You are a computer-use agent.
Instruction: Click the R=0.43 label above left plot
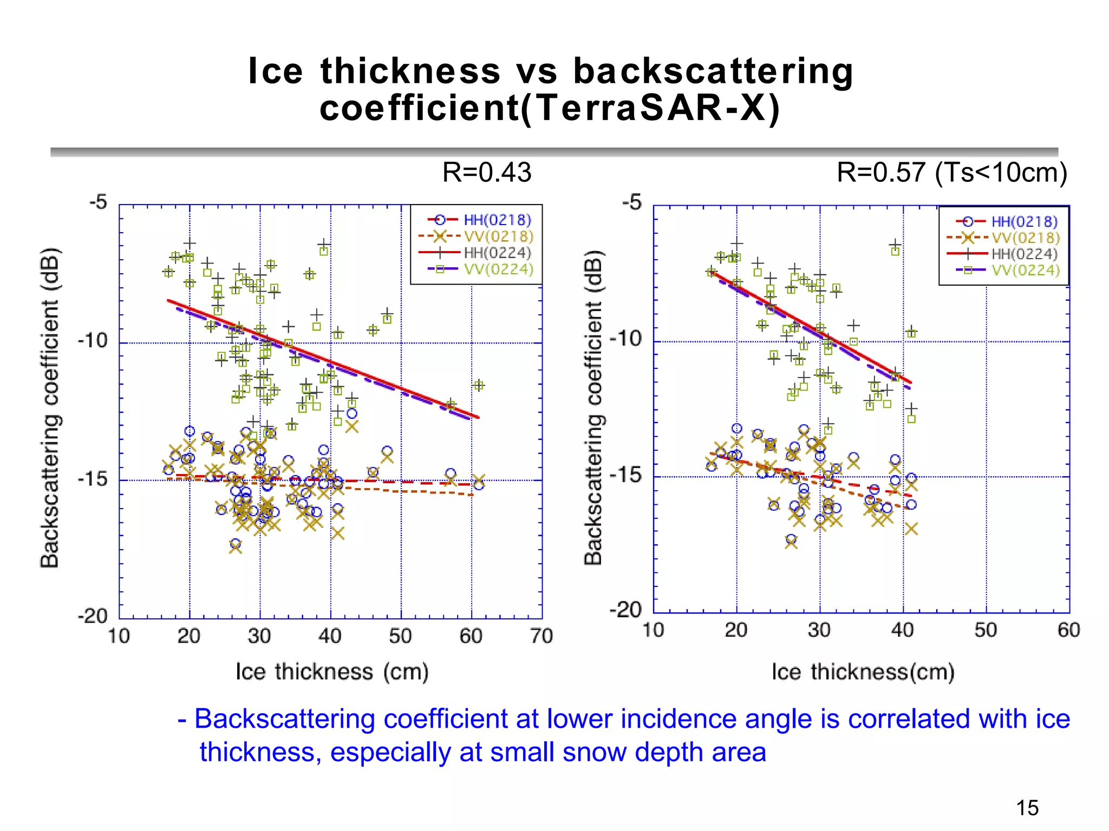click(486, 173)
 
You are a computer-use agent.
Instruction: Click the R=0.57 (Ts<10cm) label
click(951, 173)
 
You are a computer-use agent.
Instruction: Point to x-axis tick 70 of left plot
click(541, 636)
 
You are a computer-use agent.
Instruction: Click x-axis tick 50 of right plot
click(986, 630)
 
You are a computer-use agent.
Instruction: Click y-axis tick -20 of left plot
click(93, 616)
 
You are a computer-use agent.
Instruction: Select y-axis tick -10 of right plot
click(626, 339)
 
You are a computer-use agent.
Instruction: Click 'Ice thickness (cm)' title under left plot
click(332, 672)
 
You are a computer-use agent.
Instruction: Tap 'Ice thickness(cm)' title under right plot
click(863, 672)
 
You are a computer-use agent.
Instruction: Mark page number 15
click(1027, 808)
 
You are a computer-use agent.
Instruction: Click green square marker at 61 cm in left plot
click(479, 385)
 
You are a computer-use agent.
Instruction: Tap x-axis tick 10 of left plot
click(119, 636)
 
